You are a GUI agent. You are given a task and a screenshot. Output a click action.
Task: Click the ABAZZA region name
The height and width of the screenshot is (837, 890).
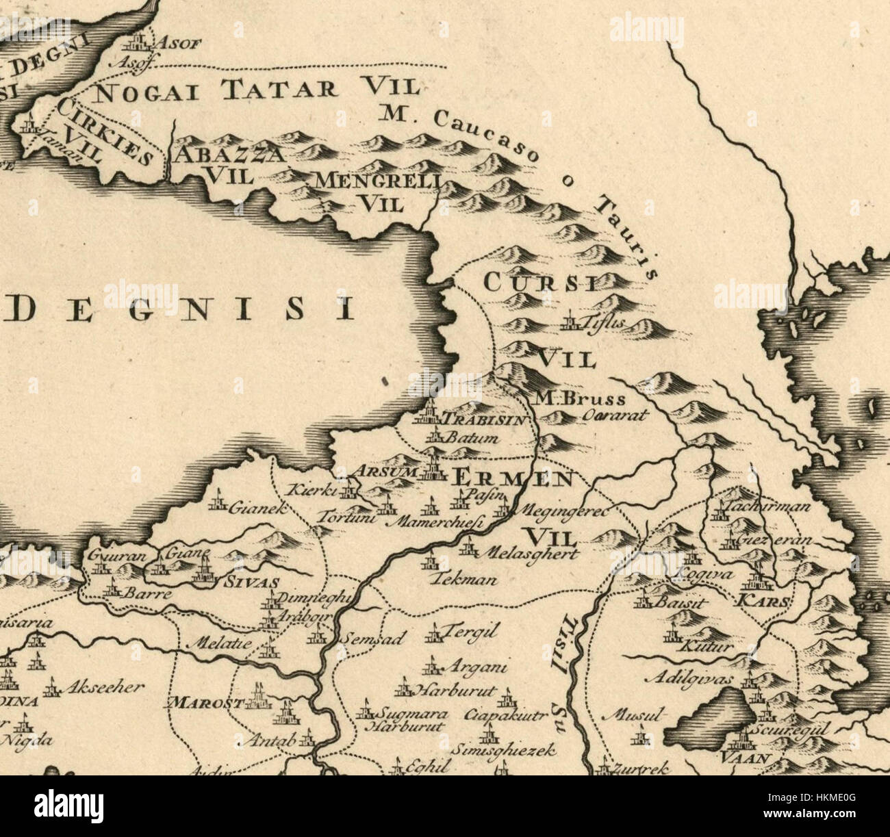228,155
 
